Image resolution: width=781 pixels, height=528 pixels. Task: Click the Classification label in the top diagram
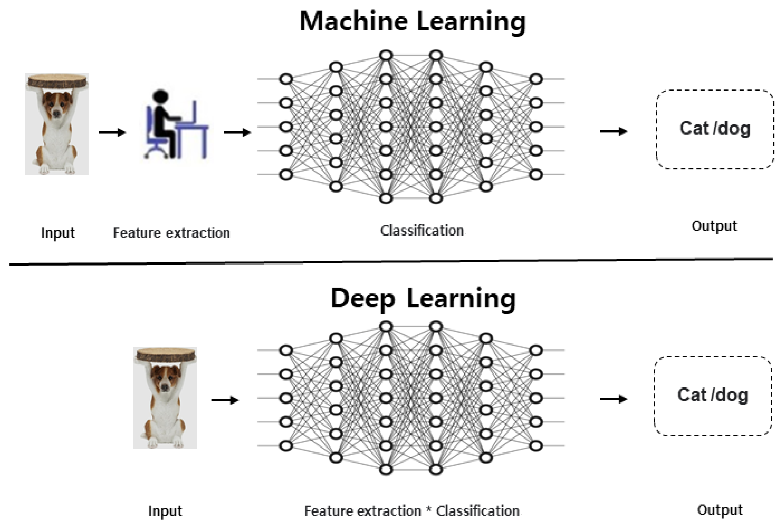pos(422,231)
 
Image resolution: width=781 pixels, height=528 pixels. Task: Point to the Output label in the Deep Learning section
pos(720,510)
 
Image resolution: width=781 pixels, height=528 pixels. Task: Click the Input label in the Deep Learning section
pos(165,511)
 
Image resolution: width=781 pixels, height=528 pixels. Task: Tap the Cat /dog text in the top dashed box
pos(715,129)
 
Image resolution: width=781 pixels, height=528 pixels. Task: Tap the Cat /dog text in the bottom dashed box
pos(712,395)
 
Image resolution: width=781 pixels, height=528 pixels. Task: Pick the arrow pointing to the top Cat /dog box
pos(614,131)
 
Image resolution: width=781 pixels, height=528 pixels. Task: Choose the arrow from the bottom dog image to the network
pos(225,400)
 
